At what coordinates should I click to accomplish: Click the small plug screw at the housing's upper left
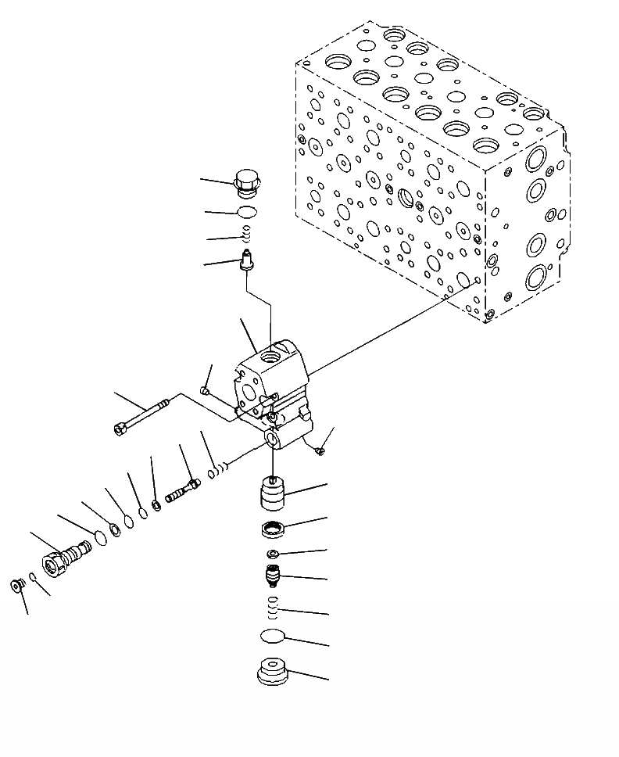click(205, 390)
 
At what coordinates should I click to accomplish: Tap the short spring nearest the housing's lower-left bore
click(218, 470)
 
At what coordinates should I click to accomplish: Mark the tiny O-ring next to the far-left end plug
click(31, 578)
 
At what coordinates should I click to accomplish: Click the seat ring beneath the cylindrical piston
click(273, 529)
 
